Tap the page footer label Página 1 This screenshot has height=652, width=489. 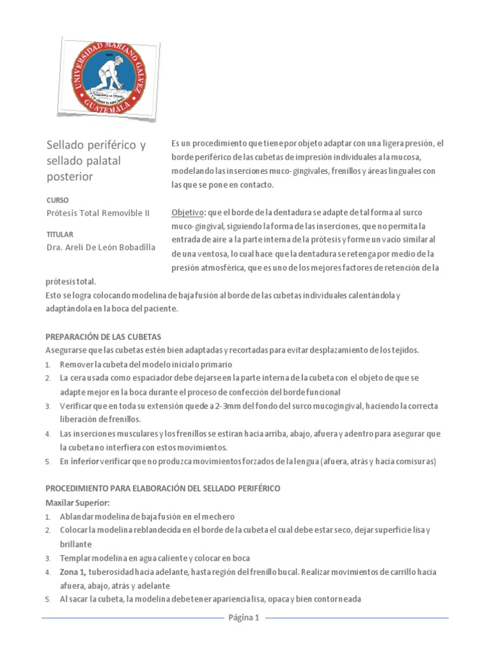(244, 618)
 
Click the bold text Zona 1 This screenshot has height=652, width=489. (75, 572)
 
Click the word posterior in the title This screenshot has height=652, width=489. (70, 176)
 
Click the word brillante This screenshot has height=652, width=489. (76, 544)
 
